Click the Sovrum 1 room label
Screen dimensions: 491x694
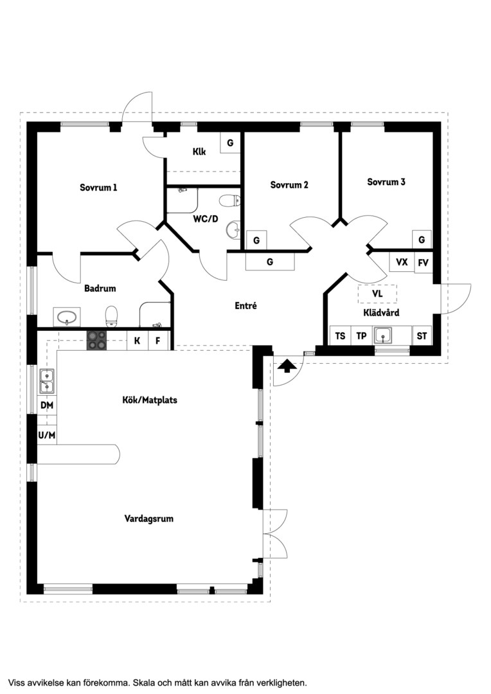click(x=98, y=188)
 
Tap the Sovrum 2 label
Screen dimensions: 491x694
click(x=289, y=185)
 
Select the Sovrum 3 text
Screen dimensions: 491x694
click(x=386, y=182)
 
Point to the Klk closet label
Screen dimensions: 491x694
click(x=199, y=152)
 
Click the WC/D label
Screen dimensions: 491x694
click(x=206, y=218)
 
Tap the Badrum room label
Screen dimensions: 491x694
click(x=100, y=289)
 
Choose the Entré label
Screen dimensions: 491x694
click(x=245, y=305)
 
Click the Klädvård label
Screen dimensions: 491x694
click(x=381, y=312)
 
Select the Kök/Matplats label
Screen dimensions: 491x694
click(x=150, y=400)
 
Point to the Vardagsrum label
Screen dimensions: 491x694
click(x=148, y=519)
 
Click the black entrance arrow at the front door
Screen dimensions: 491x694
click(x=287, y=366)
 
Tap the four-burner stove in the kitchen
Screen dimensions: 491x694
click(x=96, y=341)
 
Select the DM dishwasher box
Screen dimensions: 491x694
click(x=47, y=405)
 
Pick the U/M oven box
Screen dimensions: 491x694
click(x=47, y=435)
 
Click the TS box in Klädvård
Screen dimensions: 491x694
click(x=340, y=336)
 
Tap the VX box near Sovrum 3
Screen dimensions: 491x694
click(x=402, y=262)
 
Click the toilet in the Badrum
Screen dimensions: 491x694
click(x=112, y=316)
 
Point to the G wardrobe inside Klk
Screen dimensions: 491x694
click(x=230, y=143)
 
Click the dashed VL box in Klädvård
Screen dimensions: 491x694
click(x=378, y=294)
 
